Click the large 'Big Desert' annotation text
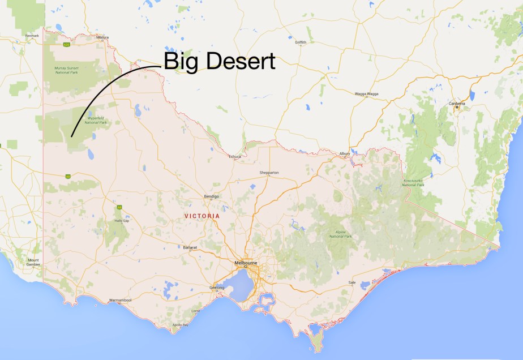click(220, 61)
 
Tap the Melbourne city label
click(247, 263)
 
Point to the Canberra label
click(457, 104)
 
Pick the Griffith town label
click(301, 42)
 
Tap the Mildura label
click(102, 37)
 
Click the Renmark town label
click(32, 36)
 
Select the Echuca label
click(234, 156)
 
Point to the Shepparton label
click(269, 173)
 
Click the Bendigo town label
click(212, 196)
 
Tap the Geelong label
click(217, 288)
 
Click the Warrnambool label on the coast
click(121, 301)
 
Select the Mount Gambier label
click(33, 263)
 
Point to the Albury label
click(344, 154)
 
